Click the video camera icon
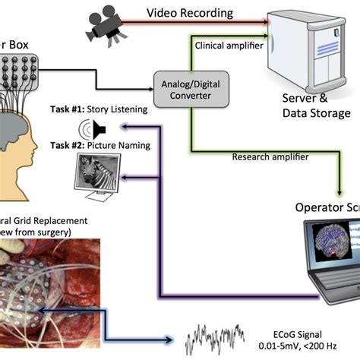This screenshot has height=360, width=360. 100,24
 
